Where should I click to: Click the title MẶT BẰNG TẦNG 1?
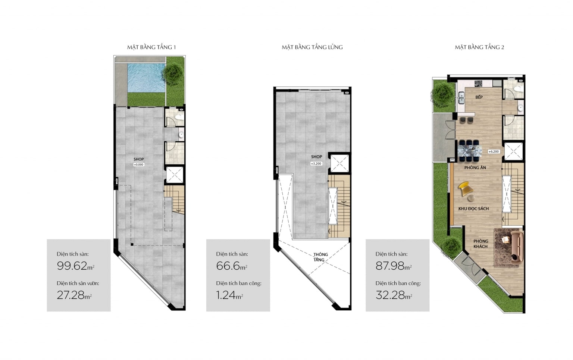pos(151,47)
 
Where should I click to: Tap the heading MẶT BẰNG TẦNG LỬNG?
pos(312,47)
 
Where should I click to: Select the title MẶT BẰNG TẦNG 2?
pos(479,47)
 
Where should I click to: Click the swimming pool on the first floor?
pos(146,78)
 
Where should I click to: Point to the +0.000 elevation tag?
pos(139,165)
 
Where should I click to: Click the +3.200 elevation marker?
pos(316,163)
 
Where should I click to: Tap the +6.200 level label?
pos(494,151)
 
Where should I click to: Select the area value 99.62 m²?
pos(76,266)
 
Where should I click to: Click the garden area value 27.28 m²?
pos(74,295)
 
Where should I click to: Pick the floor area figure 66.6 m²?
pos(232,266)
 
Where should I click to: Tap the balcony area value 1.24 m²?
pos(229,295)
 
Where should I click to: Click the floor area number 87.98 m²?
pos(394,266)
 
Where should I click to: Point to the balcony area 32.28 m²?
pos(394,295)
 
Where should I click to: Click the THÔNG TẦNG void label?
pos(320,257)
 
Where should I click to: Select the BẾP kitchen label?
pos(479,97)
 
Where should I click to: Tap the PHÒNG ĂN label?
pos(475,168)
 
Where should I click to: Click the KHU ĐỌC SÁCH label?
pos(473,209)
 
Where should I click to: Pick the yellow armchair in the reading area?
pos(466,188)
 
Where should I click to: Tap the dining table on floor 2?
pos(470,151)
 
